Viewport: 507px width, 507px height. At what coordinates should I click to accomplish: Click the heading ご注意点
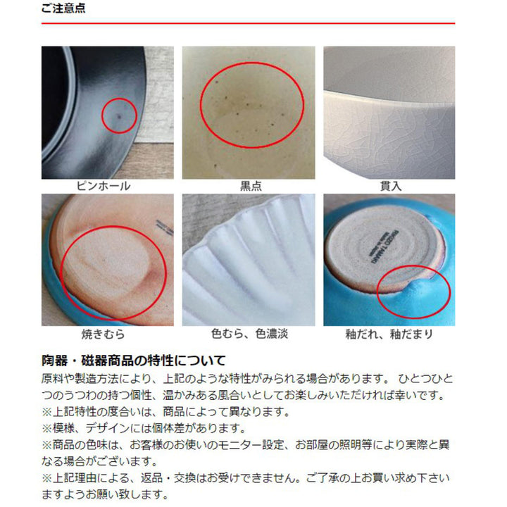pos(64,10)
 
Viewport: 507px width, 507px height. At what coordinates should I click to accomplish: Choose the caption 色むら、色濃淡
pos(249,334)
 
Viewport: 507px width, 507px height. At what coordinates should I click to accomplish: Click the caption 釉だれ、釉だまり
pos(389,334)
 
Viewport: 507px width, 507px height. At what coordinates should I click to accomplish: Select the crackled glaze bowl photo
pos(389,113)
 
